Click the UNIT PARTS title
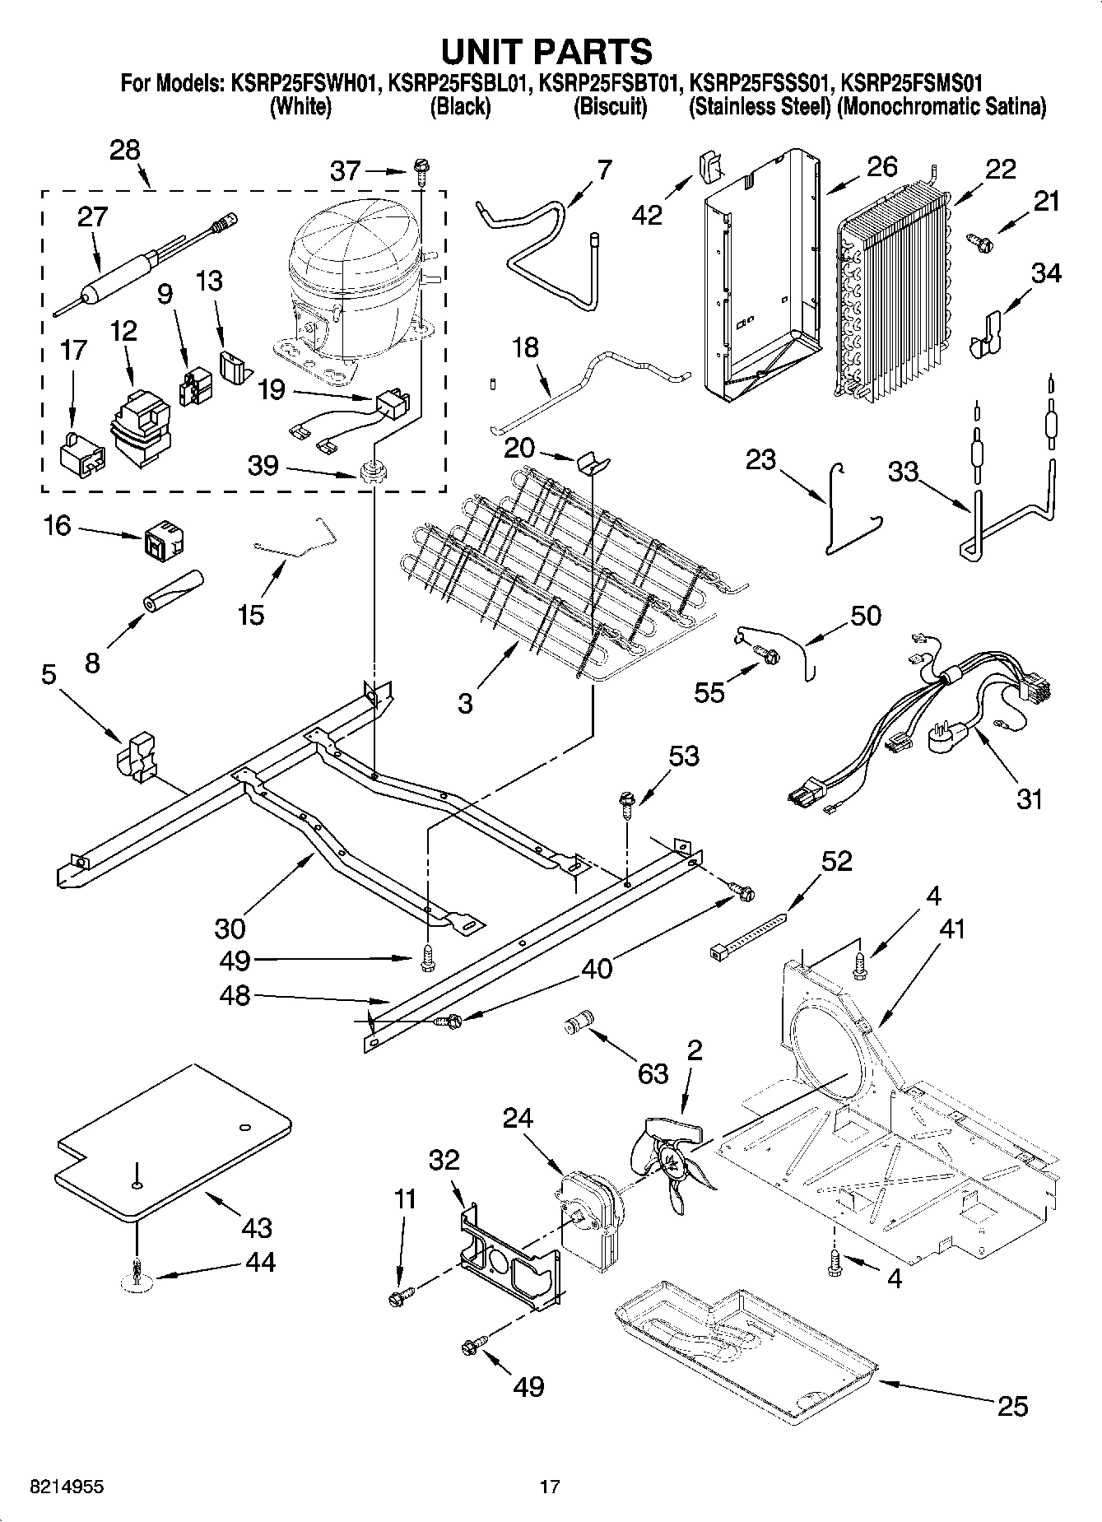(547, 51)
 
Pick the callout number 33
(903, 472)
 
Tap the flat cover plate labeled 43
(173, 1140)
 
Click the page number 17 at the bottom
(550, 1487)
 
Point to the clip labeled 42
(709, 165)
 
